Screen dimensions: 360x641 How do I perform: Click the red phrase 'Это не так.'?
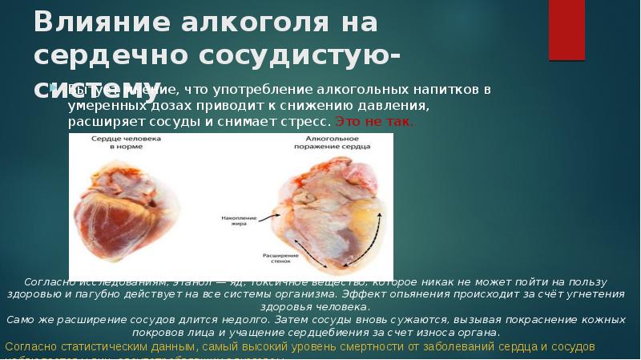pyautogui.click(x=373, y=123)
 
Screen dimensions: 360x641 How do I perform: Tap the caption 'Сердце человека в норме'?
pyautogui.click(x=125, y=143)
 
